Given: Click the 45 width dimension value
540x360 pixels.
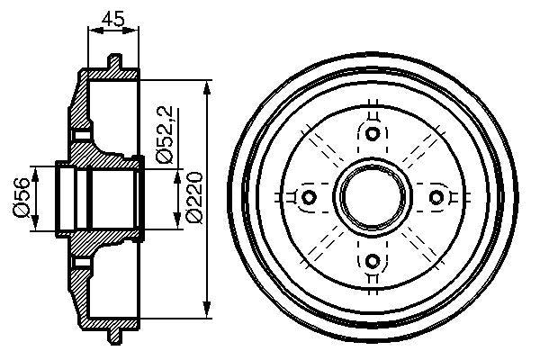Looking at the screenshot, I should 112,15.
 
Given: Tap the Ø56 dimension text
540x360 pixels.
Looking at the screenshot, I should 19,199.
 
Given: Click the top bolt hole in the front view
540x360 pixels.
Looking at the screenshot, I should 373,134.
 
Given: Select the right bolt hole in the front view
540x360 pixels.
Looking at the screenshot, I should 436,197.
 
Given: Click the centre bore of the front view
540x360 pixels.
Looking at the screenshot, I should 373,197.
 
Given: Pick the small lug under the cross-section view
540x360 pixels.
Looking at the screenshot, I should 113,336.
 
